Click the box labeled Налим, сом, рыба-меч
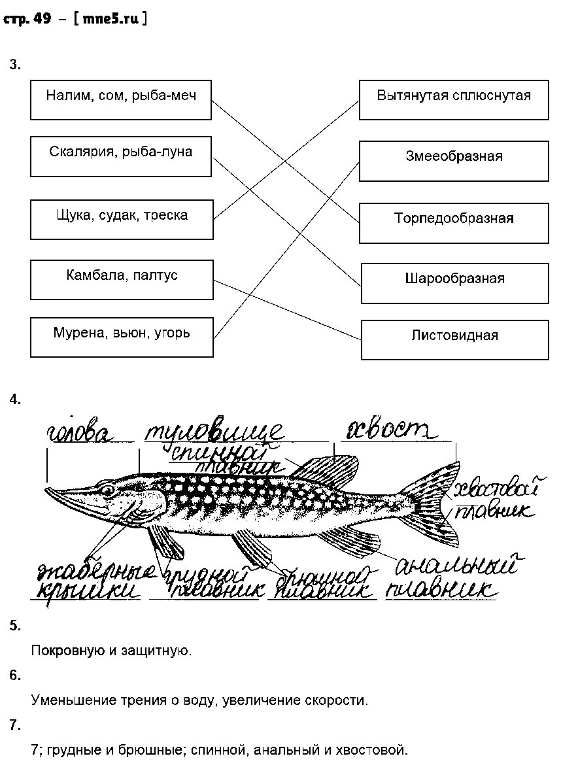pyautogui.click(x=121, y=100)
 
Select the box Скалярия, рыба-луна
pyautogui.click(x=121, y=156)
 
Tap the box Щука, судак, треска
pyautogui.click(x=122, y=219)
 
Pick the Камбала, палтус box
pyautogui.click(x=122, y=279)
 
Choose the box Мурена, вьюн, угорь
pyautogui.click(x=122, y=337)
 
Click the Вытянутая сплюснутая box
pyautogui.click(x=454, y=100)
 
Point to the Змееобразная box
pyautogui.click(x=454, y=161)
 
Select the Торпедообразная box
pyautogui.click(x=454, y=222)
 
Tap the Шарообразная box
pyautogui.click(x=454, y=283)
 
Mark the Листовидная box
pyautogui.click(x=454, y=340)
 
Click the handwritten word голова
pyautogui.click(x=80, y=434)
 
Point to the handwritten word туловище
pyautogui.click(x=214, y=432)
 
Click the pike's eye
pyautogui.click(x=107, y=488)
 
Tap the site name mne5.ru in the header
pyautogui.click(x=111, y=19)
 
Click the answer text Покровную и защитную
pyautogui.click(x=111, y=651)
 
